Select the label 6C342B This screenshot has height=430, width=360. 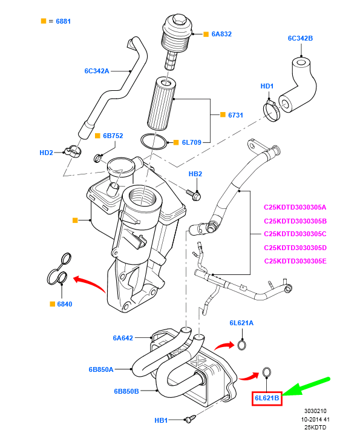[x=300, y=39]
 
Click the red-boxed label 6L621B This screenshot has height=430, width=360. [x=267, y=398]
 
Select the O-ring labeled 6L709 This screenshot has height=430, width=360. [x=154, y=142]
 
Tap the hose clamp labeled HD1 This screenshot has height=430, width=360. [x=271, y=110]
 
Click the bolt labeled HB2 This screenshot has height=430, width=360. [x=195, y=195]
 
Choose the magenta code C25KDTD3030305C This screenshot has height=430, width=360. [x=295, y=234]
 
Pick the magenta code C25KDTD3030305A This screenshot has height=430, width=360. [x=295, y=207]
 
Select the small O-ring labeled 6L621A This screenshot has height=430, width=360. [x=241, y=345]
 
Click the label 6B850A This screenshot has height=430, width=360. [x=101, y=368]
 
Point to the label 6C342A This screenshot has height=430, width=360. [x=97, y=71]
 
